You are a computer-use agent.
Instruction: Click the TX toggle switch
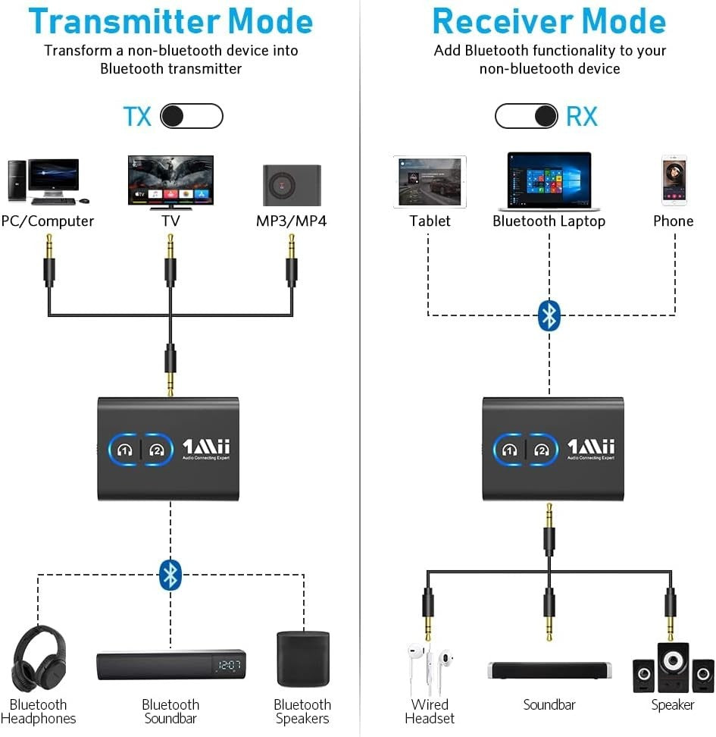pos(192,116)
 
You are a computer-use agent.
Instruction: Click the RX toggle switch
pos(527,116)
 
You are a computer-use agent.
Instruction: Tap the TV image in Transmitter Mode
pos(170,182)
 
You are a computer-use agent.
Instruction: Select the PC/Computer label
pos(47,221)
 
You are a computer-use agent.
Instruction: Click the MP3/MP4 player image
pos(292,184)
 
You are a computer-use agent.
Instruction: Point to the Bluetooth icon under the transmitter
pos(170,575)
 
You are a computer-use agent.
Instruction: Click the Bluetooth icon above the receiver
pos(549,315)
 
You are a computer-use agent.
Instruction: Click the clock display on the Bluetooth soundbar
pos(228,666)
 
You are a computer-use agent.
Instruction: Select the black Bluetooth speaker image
pos(302,659)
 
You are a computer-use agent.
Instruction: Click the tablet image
pos(430,182)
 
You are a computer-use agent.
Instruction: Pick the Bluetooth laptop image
pos(549,181)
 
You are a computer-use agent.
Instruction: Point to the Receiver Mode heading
pos(549,20)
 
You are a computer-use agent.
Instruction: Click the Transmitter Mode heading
pos(170,20)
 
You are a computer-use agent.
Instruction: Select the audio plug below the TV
pos(170,262)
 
